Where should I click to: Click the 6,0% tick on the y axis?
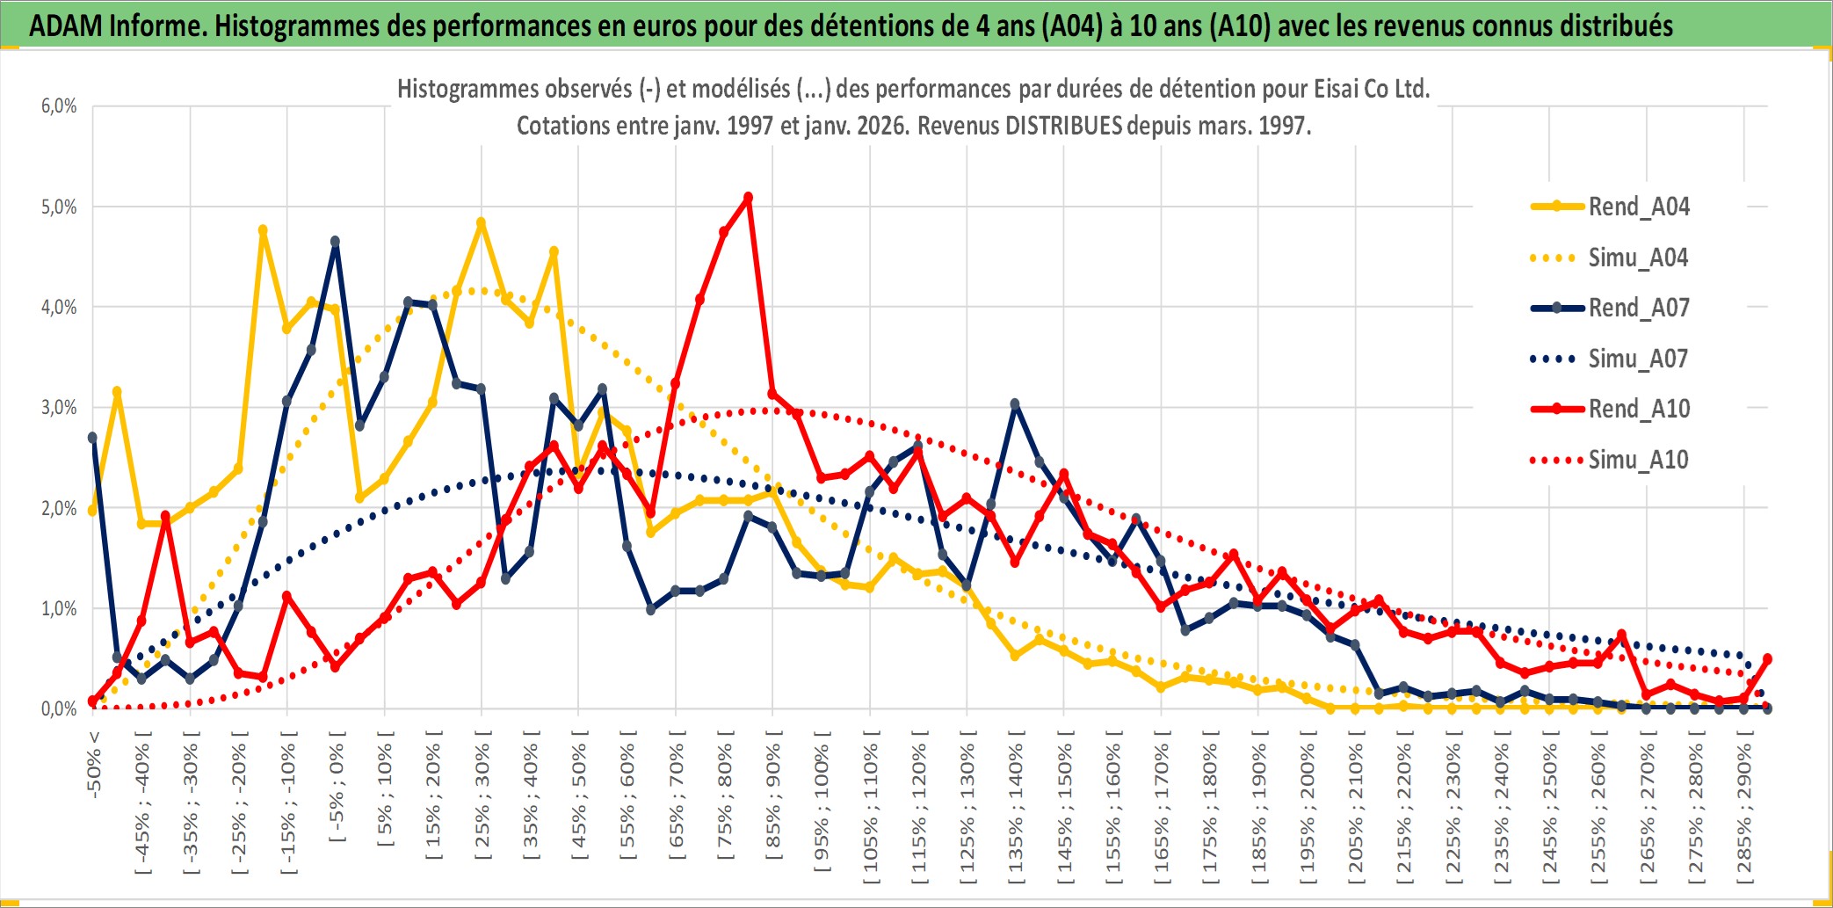coord(59,106)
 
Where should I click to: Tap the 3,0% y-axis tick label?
coord(59,408)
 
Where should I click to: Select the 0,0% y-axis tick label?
coord(59,708)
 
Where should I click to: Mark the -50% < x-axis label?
coord(94,765)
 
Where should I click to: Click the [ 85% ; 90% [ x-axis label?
coord(773,797)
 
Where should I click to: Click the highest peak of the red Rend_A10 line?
coord(748,198)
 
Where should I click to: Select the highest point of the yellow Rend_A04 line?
coord(481,223)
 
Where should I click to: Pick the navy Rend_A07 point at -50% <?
coord(92,438)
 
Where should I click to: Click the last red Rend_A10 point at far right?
coord(1767,658)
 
